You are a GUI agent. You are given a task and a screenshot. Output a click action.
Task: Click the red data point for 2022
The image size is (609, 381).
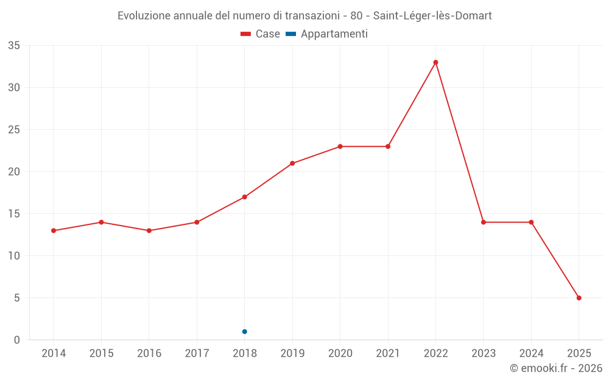[x=435, y=62]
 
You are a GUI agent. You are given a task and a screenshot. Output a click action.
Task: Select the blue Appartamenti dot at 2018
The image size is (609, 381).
[x=244, y=332]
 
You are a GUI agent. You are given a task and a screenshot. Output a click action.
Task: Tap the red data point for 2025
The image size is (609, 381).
[x=579, y=298]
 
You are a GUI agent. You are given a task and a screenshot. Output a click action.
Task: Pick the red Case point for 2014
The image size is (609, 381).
[x=54, y=230]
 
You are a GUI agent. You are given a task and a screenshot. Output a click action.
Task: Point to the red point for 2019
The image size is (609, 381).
[x=292, y=163]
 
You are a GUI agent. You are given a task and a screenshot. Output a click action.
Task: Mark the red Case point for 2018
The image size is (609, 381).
[x=244, y=197]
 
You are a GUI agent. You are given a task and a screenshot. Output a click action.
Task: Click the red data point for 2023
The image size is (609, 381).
[x=484, y=222]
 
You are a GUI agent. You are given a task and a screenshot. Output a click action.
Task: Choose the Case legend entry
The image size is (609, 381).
[x=260, y=34]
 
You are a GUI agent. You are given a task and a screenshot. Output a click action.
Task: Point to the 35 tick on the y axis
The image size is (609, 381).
[x=14, y=46]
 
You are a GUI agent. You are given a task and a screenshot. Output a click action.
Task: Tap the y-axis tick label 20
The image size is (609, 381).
[x=14, y=172]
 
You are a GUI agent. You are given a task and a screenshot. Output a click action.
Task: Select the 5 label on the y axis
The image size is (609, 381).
[x=17, y=298]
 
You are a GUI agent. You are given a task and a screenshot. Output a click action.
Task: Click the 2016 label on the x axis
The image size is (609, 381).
[x=149, y=354]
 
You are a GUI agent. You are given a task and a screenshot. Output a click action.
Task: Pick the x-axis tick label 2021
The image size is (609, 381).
[x=388, y=354]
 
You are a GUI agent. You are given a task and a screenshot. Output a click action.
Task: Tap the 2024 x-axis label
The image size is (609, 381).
[x=531, y=354]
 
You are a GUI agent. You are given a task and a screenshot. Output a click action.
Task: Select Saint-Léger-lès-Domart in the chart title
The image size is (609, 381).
[x=432, y=16]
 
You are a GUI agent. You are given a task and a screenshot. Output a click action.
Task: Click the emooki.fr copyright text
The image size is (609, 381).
[x=556, y=368]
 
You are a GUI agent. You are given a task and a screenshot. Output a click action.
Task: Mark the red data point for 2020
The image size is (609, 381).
[x=340, y=146]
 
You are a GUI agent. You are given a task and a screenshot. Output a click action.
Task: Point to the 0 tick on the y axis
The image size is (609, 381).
[x=17, y=340]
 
